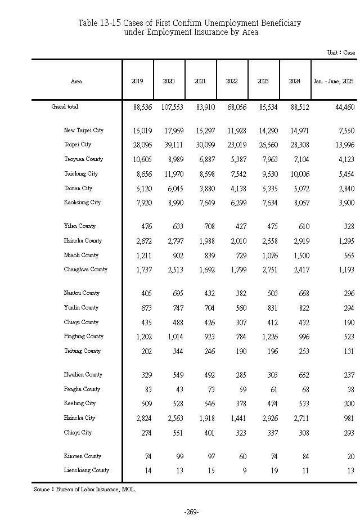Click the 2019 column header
(x=137, y=82)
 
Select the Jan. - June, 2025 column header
(x=333, y=82)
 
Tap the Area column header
(x=76, y=82)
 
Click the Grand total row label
(x=65, y=106)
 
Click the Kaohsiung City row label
(x=82, y=203)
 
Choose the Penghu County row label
(x=82, y=389)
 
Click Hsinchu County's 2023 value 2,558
(x=262, y=241)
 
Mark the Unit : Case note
(x=341, y=52)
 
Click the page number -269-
(x=191, y=512)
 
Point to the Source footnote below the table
(x=84, y=490)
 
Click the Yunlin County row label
(x=81, y=308)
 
